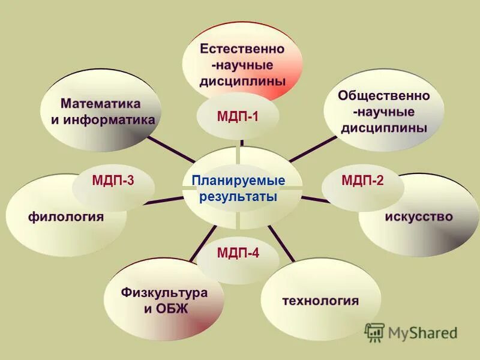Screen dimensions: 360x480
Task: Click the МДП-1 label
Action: tap(238, 116)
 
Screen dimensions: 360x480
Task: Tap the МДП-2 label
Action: tap(362, 181)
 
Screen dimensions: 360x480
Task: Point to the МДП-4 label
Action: tap(238, 253)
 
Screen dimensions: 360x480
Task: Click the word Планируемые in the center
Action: tap(238, 181)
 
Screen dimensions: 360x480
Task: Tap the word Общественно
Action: tap(384, 96)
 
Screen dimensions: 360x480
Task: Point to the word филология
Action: tap(66, 217)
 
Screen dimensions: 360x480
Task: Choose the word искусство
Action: tap(419, 216)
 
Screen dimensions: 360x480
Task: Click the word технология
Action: tap(321, 300)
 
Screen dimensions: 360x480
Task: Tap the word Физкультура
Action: tap(164, 293)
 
